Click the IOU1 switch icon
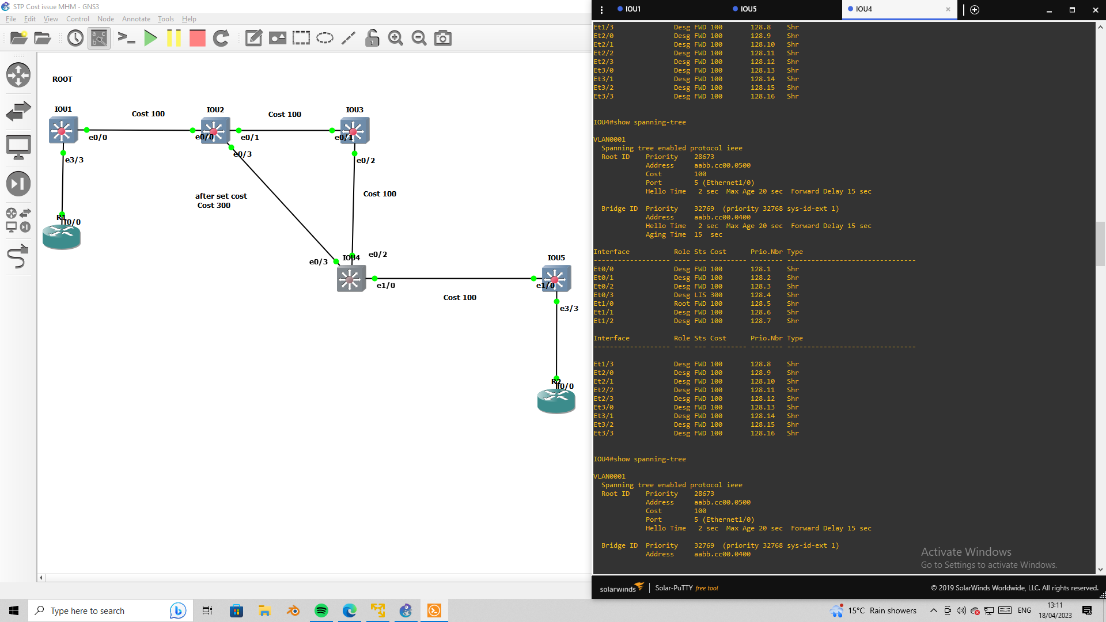[x=63, y=131]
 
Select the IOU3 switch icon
[x=354, y=131]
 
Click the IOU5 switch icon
[x=556, y=279]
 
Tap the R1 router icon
[x=62, y=236]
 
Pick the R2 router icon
[x=556, y=400]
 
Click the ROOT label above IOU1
[x=62, y=79]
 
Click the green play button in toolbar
[x=150, y=38]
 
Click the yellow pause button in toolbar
[x=173, y=38]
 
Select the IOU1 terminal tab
[x=632, y=9]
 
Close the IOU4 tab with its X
[x=948, y=9]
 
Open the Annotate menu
[x=136, y=19]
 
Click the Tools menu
[x=165, y=19]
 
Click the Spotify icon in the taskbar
[x=321, y=610]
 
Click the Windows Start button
[x=14, y=610]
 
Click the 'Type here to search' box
[x=98, y=610]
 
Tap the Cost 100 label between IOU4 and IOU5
[x=460, y=298]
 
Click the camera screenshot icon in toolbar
[x=442, y=38]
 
